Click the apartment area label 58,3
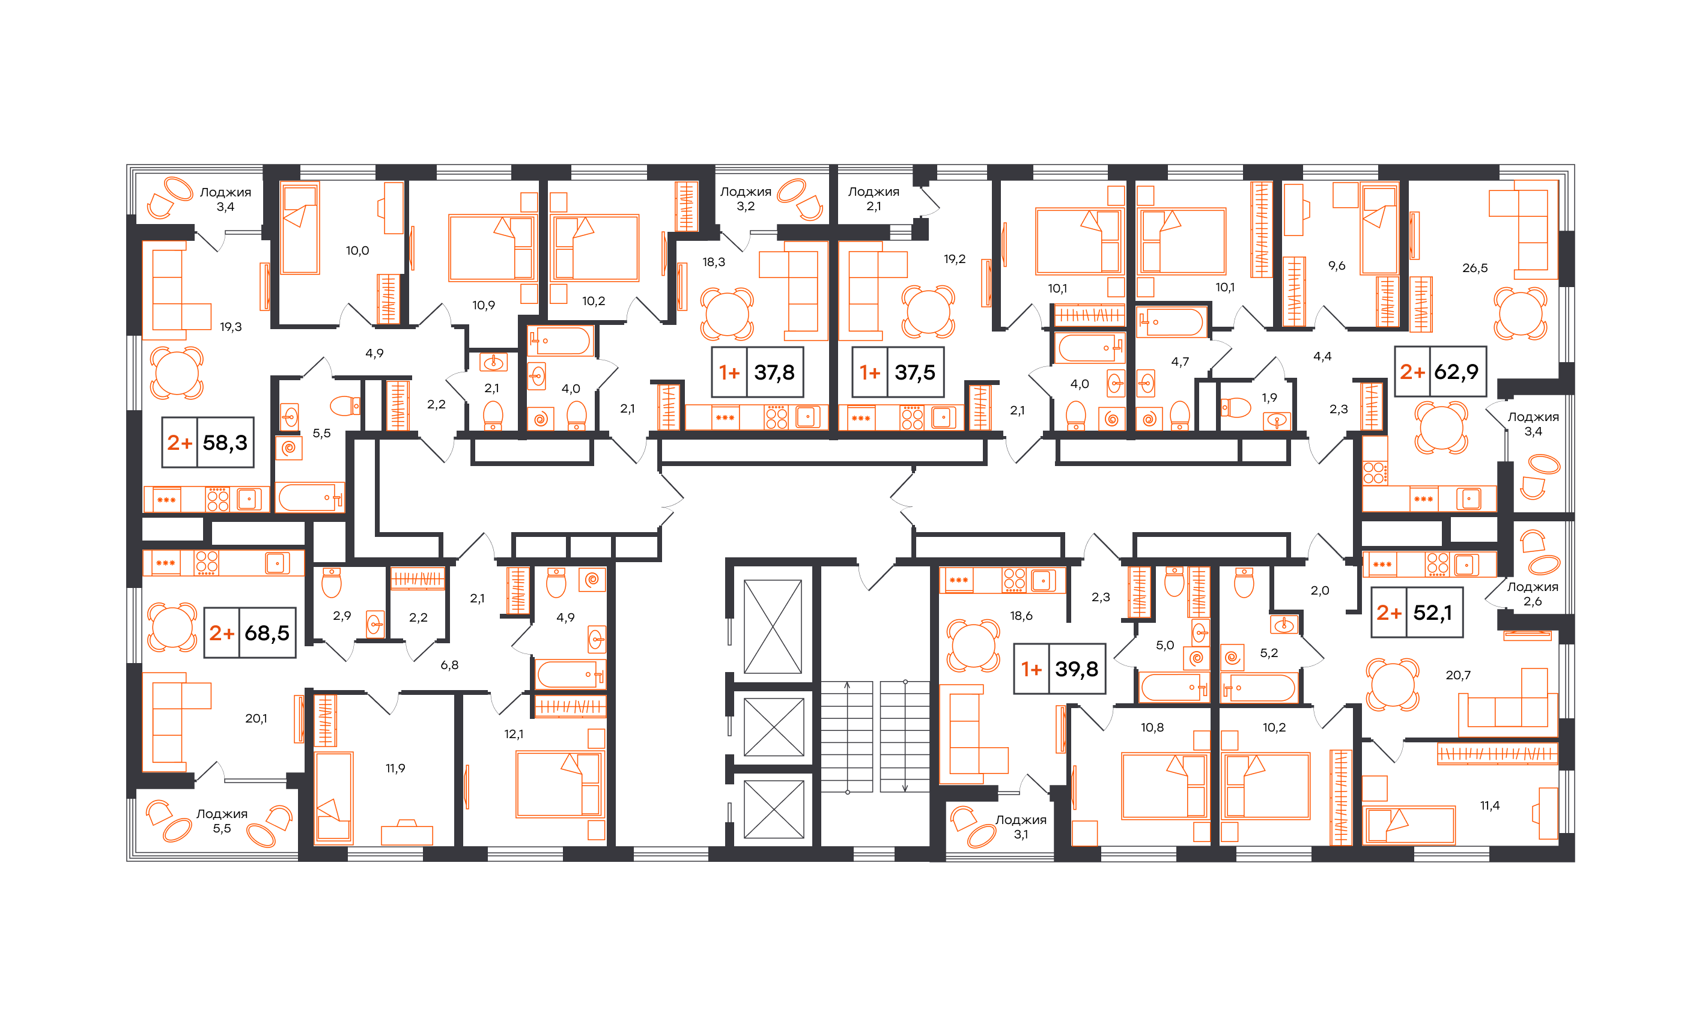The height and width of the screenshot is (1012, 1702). coord(225,443)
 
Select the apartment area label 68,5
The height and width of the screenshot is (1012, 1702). coord(267,634)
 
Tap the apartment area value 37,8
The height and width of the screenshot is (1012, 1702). coord(774,372)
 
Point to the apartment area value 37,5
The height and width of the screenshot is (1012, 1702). coord(915,372)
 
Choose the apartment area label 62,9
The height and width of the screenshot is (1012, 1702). coord(1456,372)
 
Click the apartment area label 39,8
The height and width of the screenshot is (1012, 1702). coord(1077,669)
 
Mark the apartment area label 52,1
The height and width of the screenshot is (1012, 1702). coord(1432,613)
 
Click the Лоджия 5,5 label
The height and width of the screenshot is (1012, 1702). coord(222,821)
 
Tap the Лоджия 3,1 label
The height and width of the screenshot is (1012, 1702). coord(1021,827)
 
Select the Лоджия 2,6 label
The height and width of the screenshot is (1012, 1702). coord(1533,594)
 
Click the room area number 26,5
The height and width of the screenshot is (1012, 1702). coord(1475,268)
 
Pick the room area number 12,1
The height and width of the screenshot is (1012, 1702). coord(514,735)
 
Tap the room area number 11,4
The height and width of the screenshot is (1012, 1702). coord(1490,805)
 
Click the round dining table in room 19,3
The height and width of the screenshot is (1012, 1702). coord(177,373)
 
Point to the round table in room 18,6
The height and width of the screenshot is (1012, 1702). coord(973,645)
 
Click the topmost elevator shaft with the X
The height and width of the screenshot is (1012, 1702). coord(772,626)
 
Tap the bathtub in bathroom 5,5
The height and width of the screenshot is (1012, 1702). coord(311,497)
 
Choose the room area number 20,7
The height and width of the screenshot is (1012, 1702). coord(1458,675)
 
